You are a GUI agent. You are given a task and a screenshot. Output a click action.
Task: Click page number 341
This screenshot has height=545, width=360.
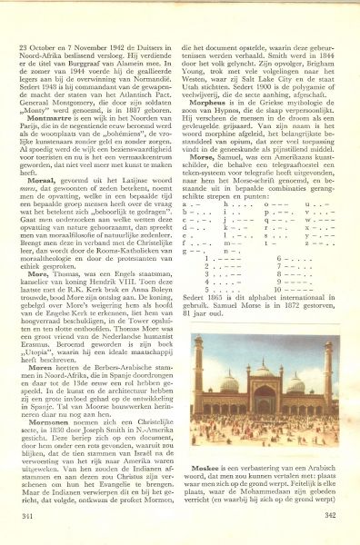click(x=28, y=514)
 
